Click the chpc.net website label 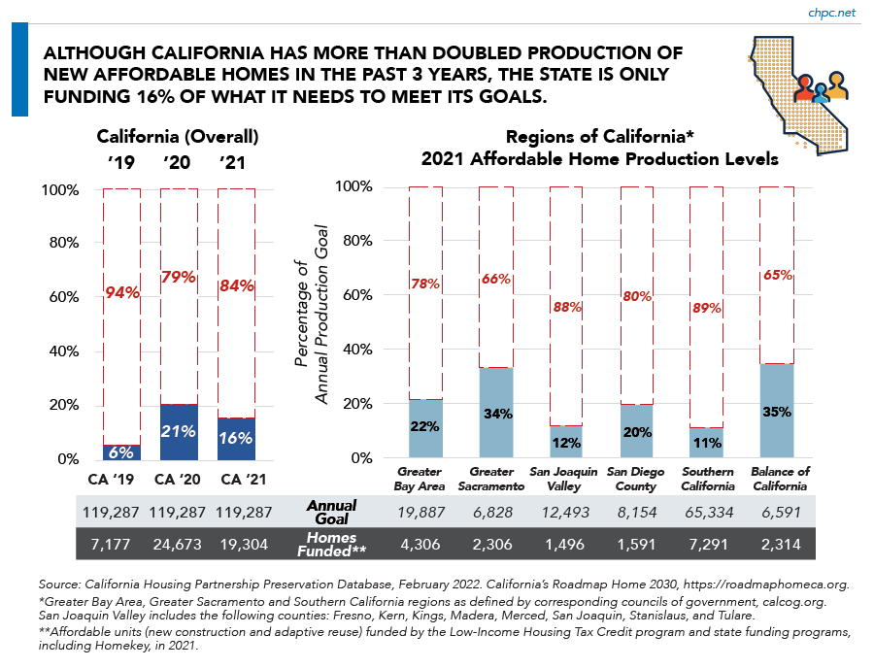tap(833, 13)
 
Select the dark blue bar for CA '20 tap(179, 432)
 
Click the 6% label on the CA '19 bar tap(122, 453)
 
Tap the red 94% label tap(122, 290)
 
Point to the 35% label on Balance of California tap(777, 411)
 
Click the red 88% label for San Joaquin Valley tap(566, 307)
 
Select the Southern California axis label tap(706, 480)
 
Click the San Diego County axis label tap(636, 480)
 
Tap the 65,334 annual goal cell tap(706, 511)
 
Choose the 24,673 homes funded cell tap(179, 544)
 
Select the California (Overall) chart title tap(178, 136)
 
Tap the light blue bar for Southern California tap(706, 443)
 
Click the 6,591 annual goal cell tap(777, 511)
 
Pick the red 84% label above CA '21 tap(236, 285)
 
